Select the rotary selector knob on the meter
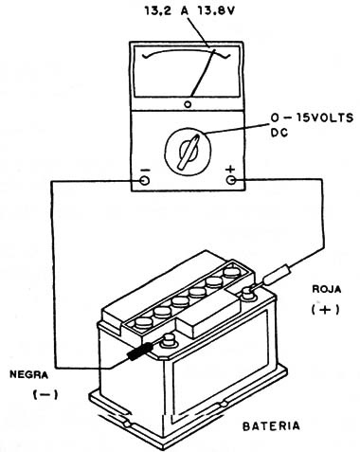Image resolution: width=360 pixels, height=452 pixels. pos(186,150)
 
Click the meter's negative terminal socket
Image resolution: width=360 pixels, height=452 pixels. pos(145,180)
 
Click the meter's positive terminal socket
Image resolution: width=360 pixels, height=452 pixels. pos(231,180)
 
